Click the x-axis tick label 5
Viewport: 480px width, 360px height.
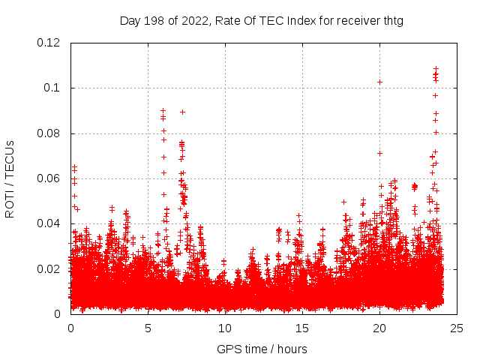point(148,328)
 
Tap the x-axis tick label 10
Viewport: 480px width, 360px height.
point(225,328)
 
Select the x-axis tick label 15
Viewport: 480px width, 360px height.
point(302,328)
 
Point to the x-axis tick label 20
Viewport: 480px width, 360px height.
point(379,328)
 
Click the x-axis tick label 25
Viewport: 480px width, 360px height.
point(457,328)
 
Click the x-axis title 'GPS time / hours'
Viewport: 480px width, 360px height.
point(262,349)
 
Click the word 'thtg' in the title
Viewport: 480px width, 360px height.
point(391,20)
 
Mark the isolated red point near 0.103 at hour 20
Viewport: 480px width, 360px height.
point(379,82)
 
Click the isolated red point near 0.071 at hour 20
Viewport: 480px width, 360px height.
point(379,153)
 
